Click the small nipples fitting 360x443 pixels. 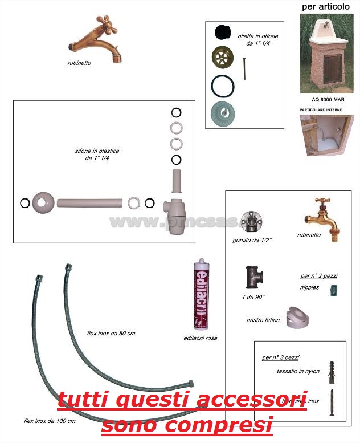[334, 290]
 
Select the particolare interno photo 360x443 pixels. [326, 135]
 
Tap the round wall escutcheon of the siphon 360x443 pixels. [43, 202]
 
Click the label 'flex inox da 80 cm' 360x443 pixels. [111, 333]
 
